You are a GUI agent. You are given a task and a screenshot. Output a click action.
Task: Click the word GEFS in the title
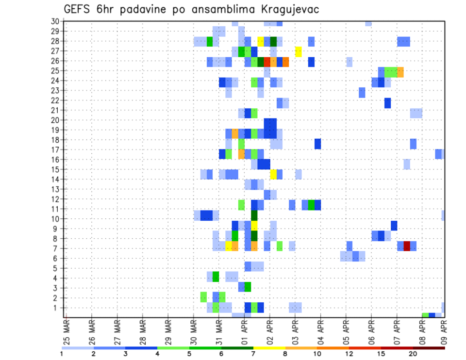[79, 9]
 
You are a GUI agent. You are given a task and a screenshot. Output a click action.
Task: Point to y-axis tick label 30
[55, 21]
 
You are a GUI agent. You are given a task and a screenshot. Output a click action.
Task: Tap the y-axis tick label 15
[55, 169]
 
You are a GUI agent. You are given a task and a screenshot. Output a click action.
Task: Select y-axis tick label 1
[57, 308]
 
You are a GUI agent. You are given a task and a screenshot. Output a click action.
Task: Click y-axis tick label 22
[55, 100]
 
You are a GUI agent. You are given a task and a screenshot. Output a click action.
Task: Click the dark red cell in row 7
[407, 245]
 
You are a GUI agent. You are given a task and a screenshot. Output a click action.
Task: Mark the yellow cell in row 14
[273, 174]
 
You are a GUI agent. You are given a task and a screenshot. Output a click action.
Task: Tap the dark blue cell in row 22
[387, 103]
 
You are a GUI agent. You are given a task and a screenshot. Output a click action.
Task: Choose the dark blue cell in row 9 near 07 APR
[394, 226]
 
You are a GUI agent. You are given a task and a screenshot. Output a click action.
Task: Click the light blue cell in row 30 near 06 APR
[368, 23]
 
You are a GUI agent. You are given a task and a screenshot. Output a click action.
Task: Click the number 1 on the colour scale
[62, 354]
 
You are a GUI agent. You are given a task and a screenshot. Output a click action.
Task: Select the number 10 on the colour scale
[317, 354]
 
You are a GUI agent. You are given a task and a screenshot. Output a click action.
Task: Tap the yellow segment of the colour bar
[269, 348]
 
